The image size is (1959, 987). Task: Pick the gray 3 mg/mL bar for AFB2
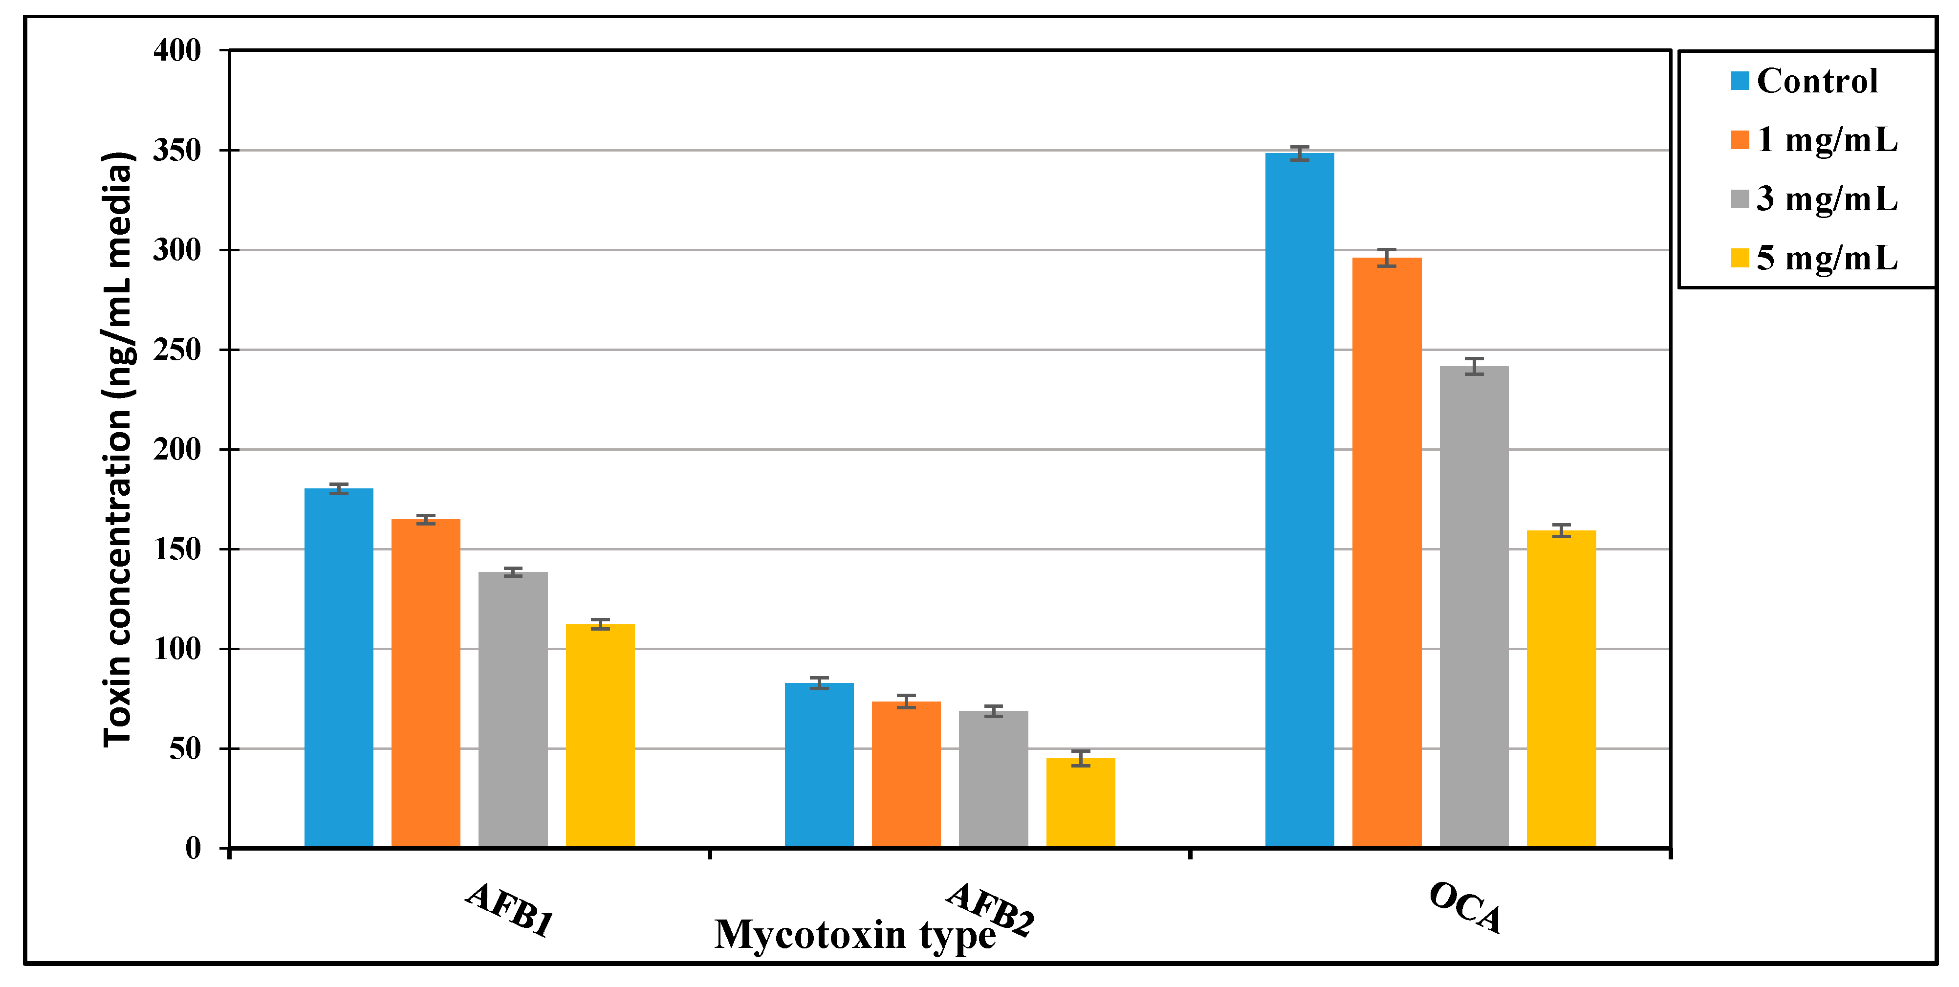pos(993,779)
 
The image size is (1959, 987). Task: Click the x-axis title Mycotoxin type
pos(854,935)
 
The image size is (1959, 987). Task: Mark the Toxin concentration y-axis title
pos(118,449)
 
